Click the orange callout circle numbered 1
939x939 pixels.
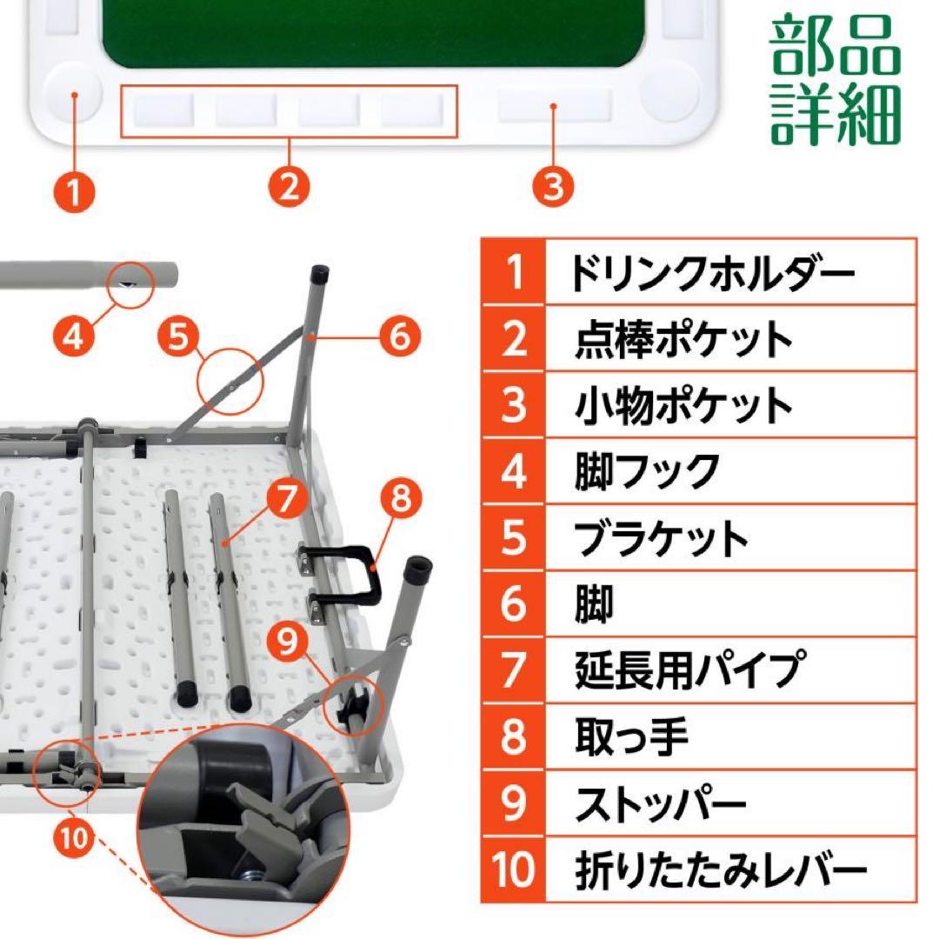pos(76,187)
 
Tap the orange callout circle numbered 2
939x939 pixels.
pos(290,186)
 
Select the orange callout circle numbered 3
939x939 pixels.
pos(554,186)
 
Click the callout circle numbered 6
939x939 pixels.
pos(399,336)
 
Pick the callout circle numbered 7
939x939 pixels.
pos(289,499)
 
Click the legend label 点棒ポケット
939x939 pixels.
pos(684,339)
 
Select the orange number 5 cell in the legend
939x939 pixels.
pos(514,537)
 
